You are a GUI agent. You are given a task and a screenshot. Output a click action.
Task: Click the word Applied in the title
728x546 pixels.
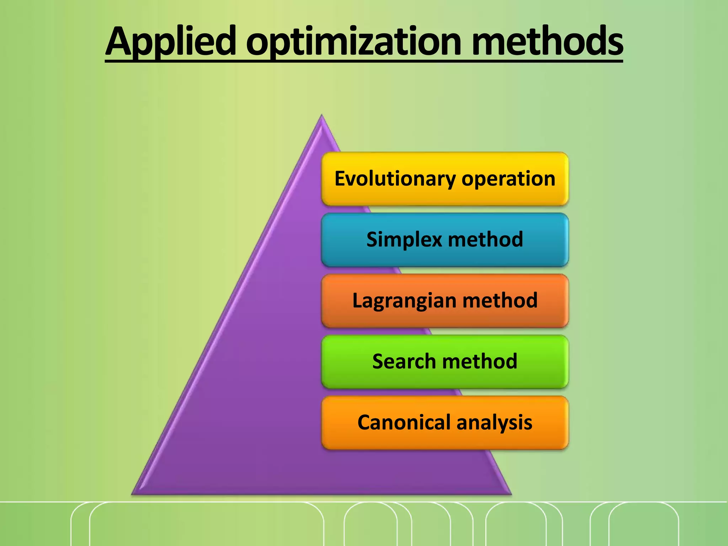[171, 42]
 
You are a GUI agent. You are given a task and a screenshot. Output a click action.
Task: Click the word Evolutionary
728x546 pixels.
[395, 178]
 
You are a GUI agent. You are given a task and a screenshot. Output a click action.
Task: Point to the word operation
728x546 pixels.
[508, 178]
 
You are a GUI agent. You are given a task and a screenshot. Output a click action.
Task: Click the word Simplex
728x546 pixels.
[404, 240]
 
